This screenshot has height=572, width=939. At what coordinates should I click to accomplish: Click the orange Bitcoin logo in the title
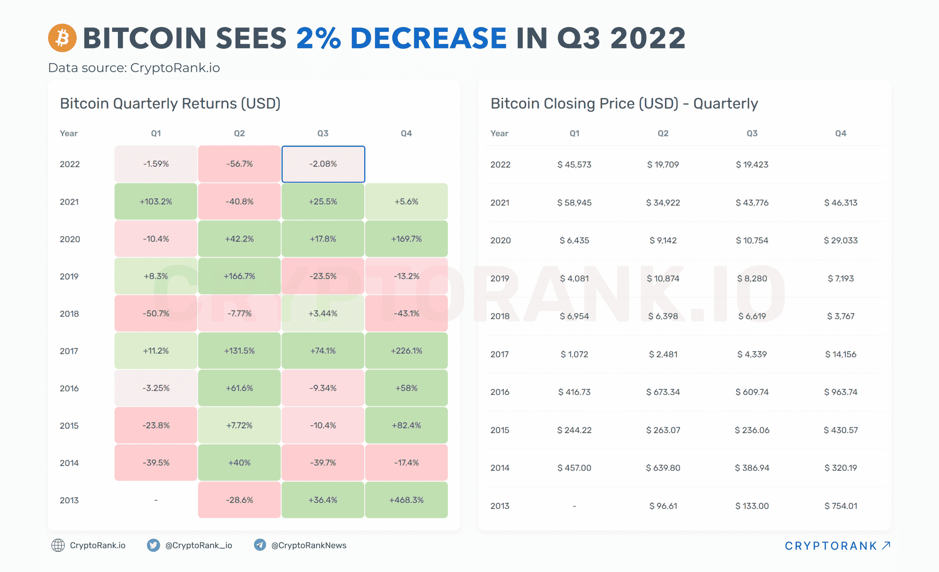pos(62,38)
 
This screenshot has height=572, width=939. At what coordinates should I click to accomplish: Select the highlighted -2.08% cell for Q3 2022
pos(323,164)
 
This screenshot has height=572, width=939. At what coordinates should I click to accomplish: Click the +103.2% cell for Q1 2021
pos(156,202)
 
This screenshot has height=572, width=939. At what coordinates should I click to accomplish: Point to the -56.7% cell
pos(239,164)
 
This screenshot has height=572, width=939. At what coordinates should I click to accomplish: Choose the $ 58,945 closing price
pos(574,203)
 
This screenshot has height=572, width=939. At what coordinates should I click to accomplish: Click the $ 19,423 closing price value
pos(752,165)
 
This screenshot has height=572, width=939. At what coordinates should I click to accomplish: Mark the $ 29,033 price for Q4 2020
pos(840,240)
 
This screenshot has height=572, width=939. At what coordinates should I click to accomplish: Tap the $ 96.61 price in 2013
pos(663,506)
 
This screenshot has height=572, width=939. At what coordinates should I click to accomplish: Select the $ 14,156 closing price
pos(840,354)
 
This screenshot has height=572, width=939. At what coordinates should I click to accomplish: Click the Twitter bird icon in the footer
pos(153,545)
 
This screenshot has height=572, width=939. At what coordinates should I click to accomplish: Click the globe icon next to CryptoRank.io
pos(58,545)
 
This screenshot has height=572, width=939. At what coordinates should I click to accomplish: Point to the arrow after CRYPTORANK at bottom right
pos(886,545)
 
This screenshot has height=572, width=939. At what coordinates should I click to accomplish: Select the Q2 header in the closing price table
pos(663,133)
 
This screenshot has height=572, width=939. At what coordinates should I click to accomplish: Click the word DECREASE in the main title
pos(428,38)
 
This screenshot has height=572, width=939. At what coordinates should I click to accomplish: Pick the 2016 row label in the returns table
pos(69,388)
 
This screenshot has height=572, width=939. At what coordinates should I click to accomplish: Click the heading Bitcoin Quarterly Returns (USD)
pos(170,104)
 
